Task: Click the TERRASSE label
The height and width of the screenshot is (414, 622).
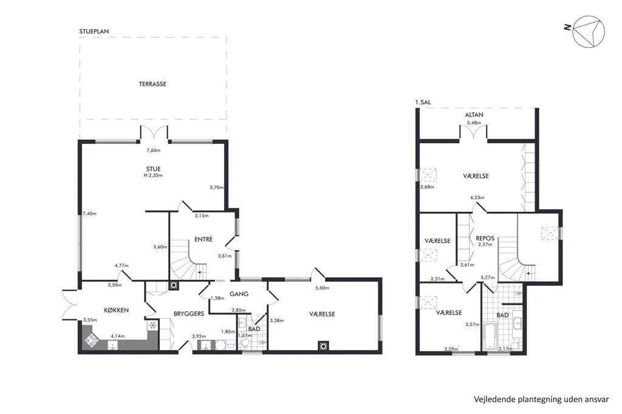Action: click(152, 84)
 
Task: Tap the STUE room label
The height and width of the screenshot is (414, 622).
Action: click(153, 169)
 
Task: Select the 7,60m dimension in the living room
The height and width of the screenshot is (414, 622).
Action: click(154, 151)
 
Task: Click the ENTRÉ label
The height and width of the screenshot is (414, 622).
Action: click(203, 239)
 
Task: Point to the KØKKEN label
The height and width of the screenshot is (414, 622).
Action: click(116, 310)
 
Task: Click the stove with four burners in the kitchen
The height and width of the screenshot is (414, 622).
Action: click(91, 340)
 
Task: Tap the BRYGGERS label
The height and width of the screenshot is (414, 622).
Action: click(189, 314)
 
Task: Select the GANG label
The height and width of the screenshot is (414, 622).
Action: click(239, 294)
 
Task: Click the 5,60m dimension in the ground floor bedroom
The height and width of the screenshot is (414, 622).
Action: click(322, 288)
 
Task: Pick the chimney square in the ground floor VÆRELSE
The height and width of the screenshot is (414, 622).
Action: click(323, 346)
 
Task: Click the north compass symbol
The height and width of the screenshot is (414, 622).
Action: click(588, 32)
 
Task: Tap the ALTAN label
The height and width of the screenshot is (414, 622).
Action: click(474, 115)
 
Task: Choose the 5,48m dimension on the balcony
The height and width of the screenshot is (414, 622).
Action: click(474, 123)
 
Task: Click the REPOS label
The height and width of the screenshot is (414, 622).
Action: click(485, 239)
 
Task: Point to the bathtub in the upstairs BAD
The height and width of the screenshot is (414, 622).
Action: click(490, 337)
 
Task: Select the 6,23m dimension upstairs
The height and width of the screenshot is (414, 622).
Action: click(477, 197)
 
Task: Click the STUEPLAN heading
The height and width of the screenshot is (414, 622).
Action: click(94, 32)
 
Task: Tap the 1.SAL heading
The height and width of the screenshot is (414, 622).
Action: click(423, 103)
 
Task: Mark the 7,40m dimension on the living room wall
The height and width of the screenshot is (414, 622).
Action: click(90, 214)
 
